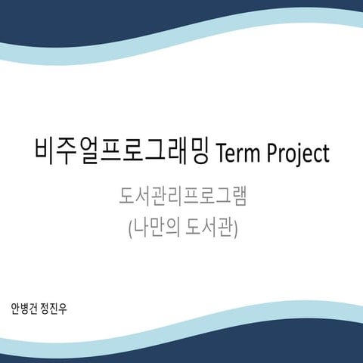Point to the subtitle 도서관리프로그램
(x=182, y=198)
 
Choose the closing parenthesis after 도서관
(x=236, y=228)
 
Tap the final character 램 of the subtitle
(x=240, y=198)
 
